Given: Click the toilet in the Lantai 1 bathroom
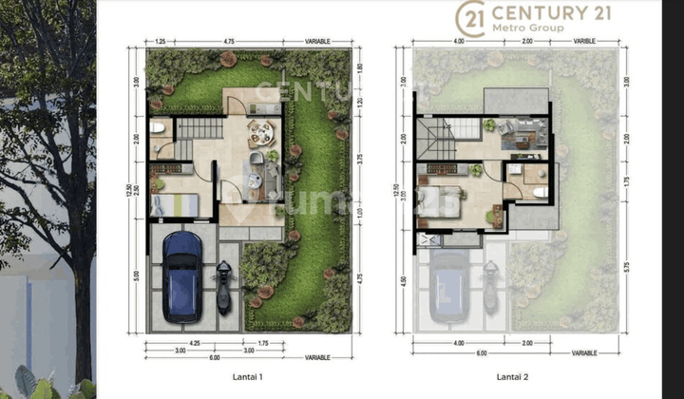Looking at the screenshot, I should (x=158, y=126).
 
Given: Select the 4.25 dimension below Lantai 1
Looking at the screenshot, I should (x=194, y=341).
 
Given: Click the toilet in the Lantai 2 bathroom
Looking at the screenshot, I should (x=539, y=192).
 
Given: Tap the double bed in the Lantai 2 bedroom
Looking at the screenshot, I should (x=439, y=202).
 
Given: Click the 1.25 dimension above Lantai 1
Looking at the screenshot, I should (x=161, y=42).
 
